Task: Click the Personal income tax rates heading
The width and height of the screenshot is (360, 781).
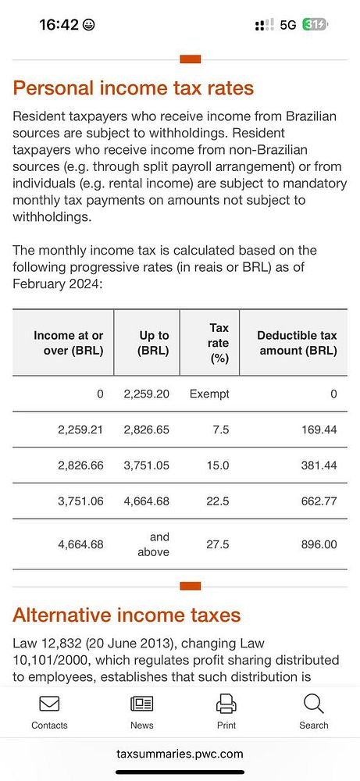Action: [x=133, y=88]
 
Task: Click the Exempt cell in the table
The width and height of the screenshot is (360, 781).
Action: [x=209, y=394]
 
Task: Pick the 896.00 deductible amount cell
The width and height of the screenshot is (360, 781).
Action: [x=319, y=544]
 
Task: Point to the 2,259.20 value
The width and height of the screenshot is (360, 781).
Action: [x=146, y=394]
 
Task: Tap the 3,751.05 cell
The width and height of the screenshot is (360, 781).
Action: [x=146, y=465]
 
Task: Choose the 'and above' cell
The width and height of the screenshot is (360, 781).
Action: [x=159, y=544]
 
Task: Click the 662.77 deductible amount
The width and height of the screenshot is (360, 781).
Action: [x=319, y=501]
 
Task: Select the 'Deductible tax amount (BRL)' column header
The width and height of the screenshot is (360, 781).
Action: [x=297, y=343]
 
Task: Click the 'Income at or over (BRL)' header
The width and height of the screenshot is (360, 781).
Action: [x=69, y=343]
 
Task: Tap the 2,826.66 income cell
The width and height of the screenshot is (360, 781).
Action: [x=80, y=465]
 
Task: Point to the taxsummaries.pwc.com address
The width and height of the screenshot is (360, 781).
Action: [x=180, y=754]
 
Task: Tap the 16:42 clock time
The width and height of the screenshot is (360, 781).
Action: [x=59, y=25]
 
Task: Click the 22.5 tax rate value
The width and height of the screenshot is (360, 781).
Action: [x=218, y=501]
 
